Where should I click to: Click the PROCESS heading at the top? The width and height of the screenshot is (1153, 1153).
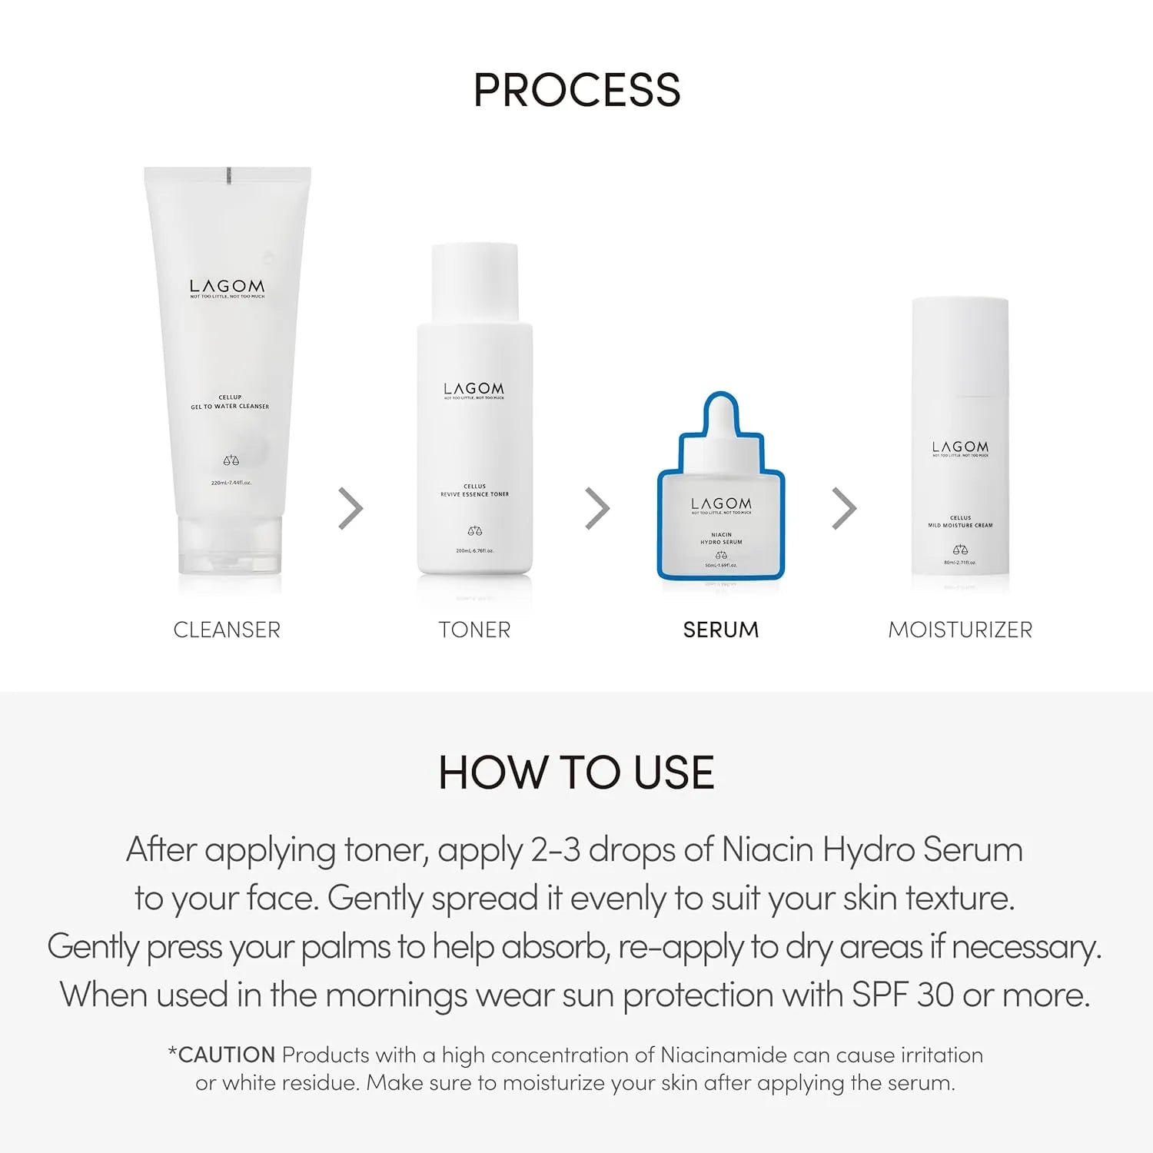point(576,90)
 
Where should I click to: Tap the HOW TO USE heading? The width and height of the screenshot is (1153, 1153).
point(576,773)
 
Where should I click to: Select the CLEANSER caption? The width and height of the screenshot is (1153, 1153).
point(227,630)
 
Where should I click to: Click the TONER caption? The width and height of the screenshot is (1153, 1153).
point(474,630)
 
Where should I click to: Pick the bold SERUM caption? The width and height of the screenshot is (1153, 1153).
point(720,630)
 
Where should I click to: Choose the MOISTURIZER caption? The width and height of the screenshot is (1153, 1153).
point(960,630)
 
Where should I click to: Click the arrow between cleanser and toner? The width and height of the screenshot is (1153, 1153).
point(351,508)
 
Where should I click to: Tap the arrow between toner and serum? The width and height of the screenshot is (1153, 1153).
point(597,508)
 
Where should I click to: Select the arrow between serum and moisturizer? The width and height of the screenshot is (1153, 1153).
point(844,508)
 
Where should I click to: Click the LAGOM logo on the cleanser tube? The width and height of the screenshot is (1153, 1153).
point(227,287)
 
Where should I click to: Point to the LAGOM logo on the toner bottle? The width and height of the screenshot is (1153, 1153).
point(474,389)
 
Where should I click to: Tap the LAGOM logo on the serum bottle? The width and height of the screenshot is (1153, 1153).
point(721,503)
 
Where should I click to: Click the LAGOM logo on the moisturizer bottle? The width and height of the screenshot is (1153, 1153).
point(960,447)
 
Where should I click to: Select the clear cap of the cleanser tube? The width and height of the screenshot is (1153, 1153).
point(229,546)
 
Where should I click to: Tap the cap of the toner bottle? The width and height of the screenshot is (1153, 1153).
point(474,281)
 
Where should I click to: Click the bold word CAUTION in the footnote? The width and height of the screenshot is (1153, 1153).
point(226,1055)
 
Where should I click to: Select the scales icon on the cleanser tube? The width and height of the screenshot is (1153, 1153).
point(231,460)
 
